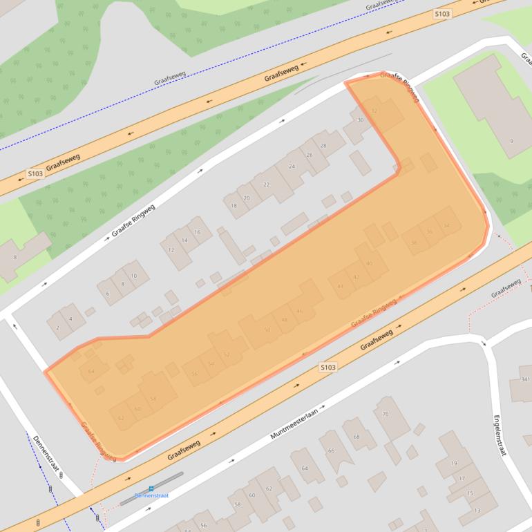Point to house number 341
pyautogui.click(x=526, y=379)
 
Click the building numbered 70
pyautogui.click(x=385, y=415)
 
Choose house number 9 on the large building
pyautogui.click(x=511, y=141)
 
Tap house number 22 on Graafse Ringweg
pyautogui.click(x=266, y=184)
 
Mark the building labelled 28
pyautogui.click(x=323, y=146)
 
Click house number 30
pyautogui.click(x=360, y=120)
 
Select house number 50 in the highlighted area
pyautogui.click(x=267, y=330)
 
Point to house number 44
pyautogui.click(x=340, y=286)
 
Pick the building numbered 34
pyautogui.click(x=446, y=226)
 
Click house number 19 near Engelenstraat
pyautogui.click(x=454, y=463)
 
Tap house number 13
pyautogui.click(x=477, y=510)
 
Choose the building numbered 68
pyautogui.click(x=356, y=437)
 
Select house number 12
pyautogui.click(x=171, y=249)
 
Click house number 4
pyautogui.click(x=70, y=319)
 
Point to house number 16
pyautogui.click(x=198, y=232)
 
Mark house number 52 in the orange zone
pyautogui.click(x=226, y=354)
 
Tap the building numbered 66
pyautogui.click(x=331, y=450)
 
